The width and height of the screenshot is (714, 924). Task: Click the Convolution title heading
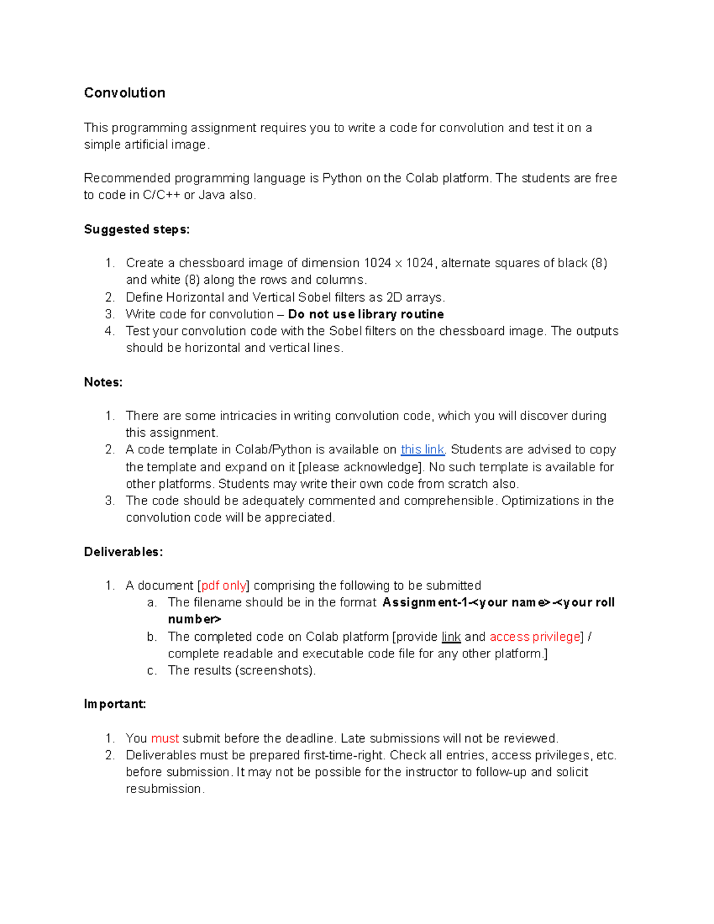[x=124, y=93]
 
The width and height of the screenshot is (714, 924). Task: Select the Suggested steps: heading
[x=137, y=229]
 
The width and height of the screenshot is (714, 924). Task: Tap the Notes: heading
[x=103, y=382]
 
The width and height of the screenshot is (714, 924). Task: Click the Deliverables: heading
[x=123, y=552]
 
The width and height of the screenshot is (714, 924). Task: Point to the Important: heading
[x=115, y=704]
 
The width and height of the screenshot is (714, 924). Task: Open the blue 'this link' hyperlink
[x=422, y=449]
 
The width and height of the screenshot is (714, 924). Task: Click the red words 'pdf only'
[x=224, y=585]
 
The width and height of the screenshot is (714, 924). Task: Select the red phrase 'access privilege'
[x=534, y=637]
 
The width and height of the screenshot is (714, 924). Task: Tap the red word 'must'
[x=165, y=738]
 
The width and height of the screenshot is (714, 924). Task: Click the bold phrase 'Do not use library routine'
[x=365, y=314]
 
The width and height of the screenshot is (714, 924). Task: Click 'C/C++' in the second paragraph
[x=161, y=195]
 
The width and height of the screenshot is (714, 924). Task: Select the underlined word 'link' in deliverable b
[x=451, y=637]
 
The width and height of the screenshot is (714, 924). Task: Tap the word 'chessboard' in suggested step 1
[x=211, y=263]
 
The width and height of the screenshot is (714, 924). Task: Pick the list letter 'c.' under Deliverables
[x=152, y=671]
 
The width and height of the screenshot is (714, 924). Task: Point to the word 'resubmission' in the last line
[x=164, y=789]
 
